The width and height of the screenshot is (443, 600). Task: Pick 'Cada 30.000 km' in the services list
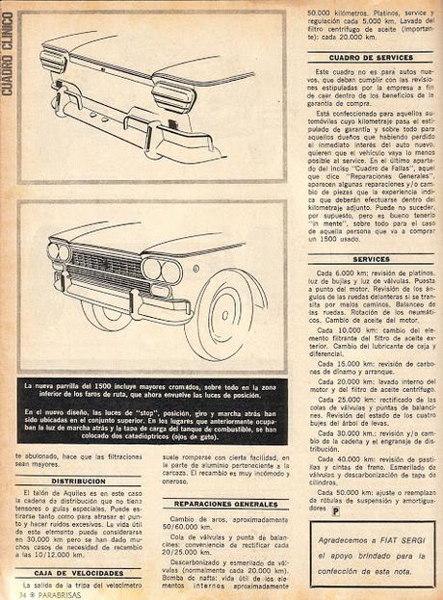pos(340,435)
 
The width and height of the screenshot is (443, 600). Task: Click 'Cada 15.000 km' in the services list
pos(340,364)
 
